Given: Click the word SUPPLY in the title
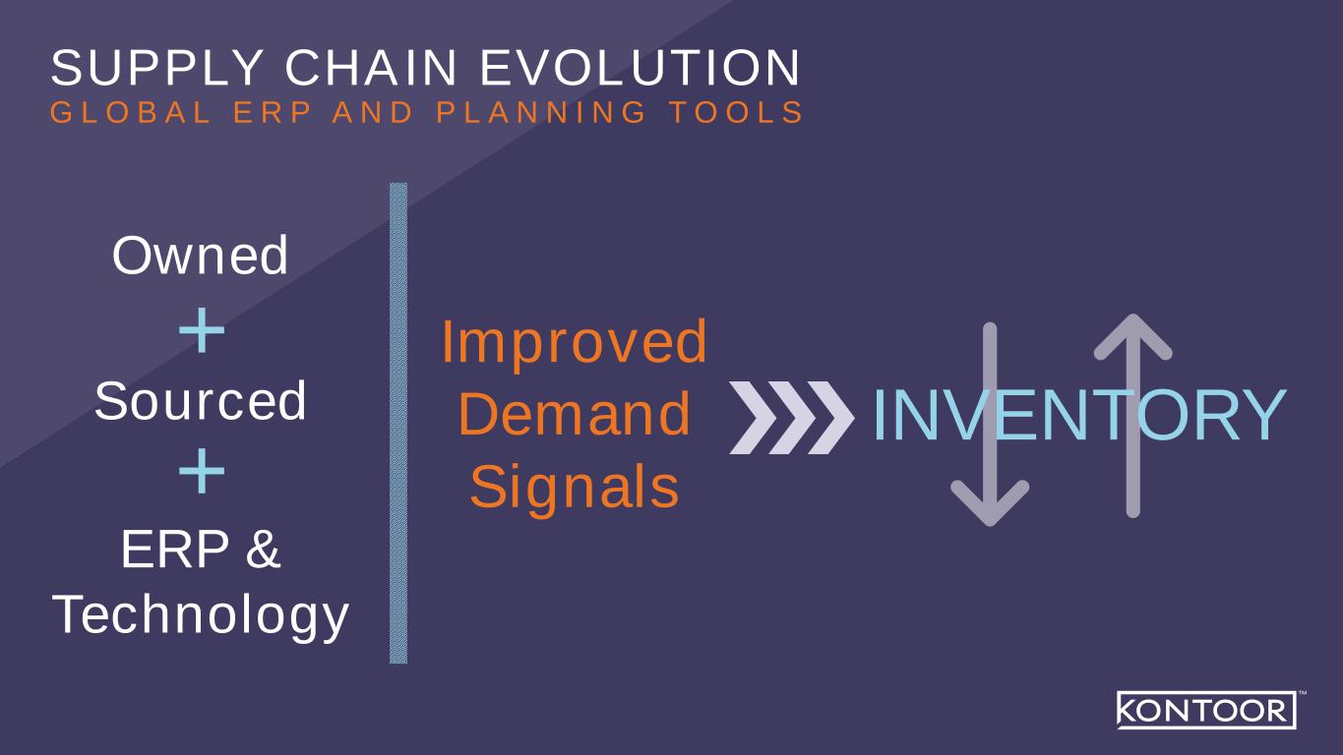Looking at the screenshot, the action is click(x=157, y=68).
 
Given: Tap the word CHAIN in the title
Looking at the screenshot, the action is click(x=371, y=68).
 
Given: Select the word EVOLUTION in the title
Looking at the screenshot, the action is click(x=641, y=68).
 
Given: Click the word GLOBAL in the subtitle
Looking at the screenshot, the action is click(x=131, y=112).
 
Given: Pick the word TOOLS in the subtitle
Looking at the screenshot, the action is click(x=736, y=112).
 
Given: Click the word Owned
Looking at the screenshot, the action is click(x=201, y=256).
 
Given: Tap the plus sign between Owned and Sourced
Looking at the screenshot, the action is click(x=202, y=330).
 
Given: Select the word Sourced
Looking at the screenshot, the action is click(x=201, y=401).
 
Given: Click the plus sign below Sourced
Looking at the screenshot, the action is click(x=202, y=471).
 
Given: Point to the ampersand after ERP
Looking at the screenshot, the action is click(x=263, y=549).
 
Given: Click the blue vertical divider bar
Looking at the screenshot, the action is click(x=398, y=423).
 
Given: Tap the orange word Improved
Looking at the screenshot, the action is click(x=575, y=343).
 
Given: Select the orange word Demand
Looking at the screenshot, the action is click(x=575, y=414).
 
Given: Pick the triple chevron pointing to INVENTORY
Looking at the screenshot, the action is click(x=791, y=418).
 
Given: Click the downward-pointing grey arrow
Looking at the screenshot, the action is click(x=990, y=425).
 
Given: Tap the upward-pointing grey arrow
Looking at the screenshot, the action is click(x=1133, y=415).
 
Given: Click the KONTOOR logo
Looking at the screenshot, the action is click(x=1207, y=710).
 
